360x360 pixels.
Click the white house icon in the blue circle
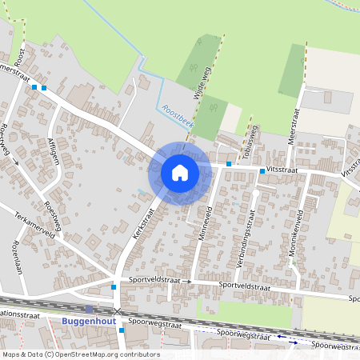pos(180,172)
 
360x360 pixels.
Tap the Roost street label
pos(21,57)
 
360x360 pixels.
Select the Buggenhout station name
pos(89,321)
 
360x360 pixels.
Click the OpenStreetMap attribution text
pos(80,354)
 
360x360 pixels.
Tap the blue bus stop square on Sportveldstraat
pos(114,286)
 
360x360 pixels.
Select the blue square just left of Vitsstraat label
pos(262,171)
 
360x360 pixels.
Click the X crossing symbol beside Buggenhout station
pos(118,311)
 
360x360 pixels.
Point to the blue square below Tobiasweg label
pos(229,164)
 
